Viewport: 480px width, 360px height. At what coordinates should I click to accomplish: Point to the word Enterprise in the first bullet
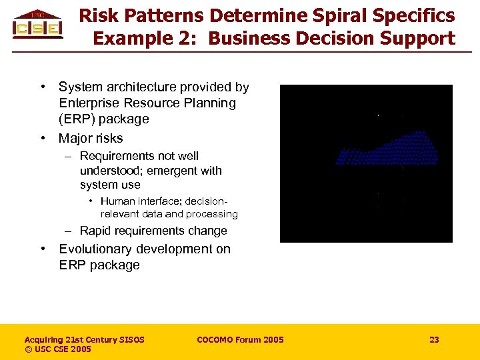90,103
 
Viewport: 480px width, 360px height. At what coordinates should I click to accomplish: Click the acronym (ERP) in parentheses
77,119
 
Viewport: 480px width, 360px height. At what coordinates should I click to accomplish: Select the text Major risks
91,139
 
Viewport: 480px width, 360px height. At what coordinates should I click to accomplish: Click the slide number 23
434,340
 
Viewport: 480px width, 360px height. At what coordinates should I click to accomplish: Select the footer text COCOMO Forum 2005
240,340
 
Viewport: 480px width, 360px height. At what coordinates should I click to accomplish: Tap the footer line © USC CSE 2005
58,349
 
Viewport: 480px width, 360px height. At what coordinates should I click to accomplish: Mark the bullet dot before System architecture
43,87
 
